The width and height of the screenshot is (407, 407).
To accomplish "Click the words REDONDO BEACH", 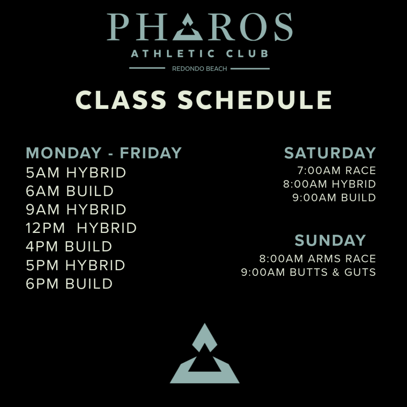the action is coord(200,69).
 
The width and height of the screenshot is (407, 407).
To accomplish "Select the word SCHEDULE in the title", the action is coord(255,100).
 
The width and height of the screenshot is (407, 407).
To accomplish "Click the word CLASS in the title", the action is coord(121,100).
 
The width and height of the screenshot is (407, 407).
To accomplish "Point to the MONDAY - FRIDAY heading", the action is coord(104,153).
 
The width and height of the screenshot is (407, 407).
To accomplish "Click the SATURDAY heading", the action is coord(330,153).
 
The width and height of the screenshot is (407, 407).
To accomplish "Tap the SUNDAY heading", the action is coord(330,240).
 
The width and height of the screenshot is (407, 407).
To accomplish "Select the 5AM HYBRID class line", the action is coord(76,172).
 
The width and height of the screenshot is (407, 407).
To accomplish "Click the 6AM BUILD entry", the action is coord(70,191).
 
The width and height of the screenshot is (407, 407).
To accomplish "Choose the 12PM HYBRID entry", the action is coord(81,228).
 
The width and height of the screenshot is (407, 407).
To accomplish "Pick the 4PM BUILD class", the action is coord(69,246).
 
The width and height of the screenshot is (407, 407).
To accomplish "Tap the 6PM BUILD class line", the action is coord(69,284).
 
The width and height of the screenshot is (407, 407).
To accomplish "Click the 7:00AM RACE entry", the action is coord(337,171).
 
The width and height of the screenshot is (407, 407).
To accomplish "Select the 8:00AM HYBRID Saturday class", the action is coord(329,184).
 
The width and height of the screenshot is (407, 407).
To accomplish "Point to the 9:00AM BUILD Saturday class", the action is coord(334,198).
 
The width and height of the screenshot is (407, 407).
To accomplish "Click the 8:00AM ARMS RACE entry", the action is coord(318,258).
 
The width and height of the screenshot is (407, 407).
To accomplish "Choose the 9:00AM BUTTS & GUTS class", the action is coord(308,272).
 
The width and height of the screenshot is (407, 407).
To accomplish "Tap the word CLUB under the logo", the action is coord(247,54).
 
